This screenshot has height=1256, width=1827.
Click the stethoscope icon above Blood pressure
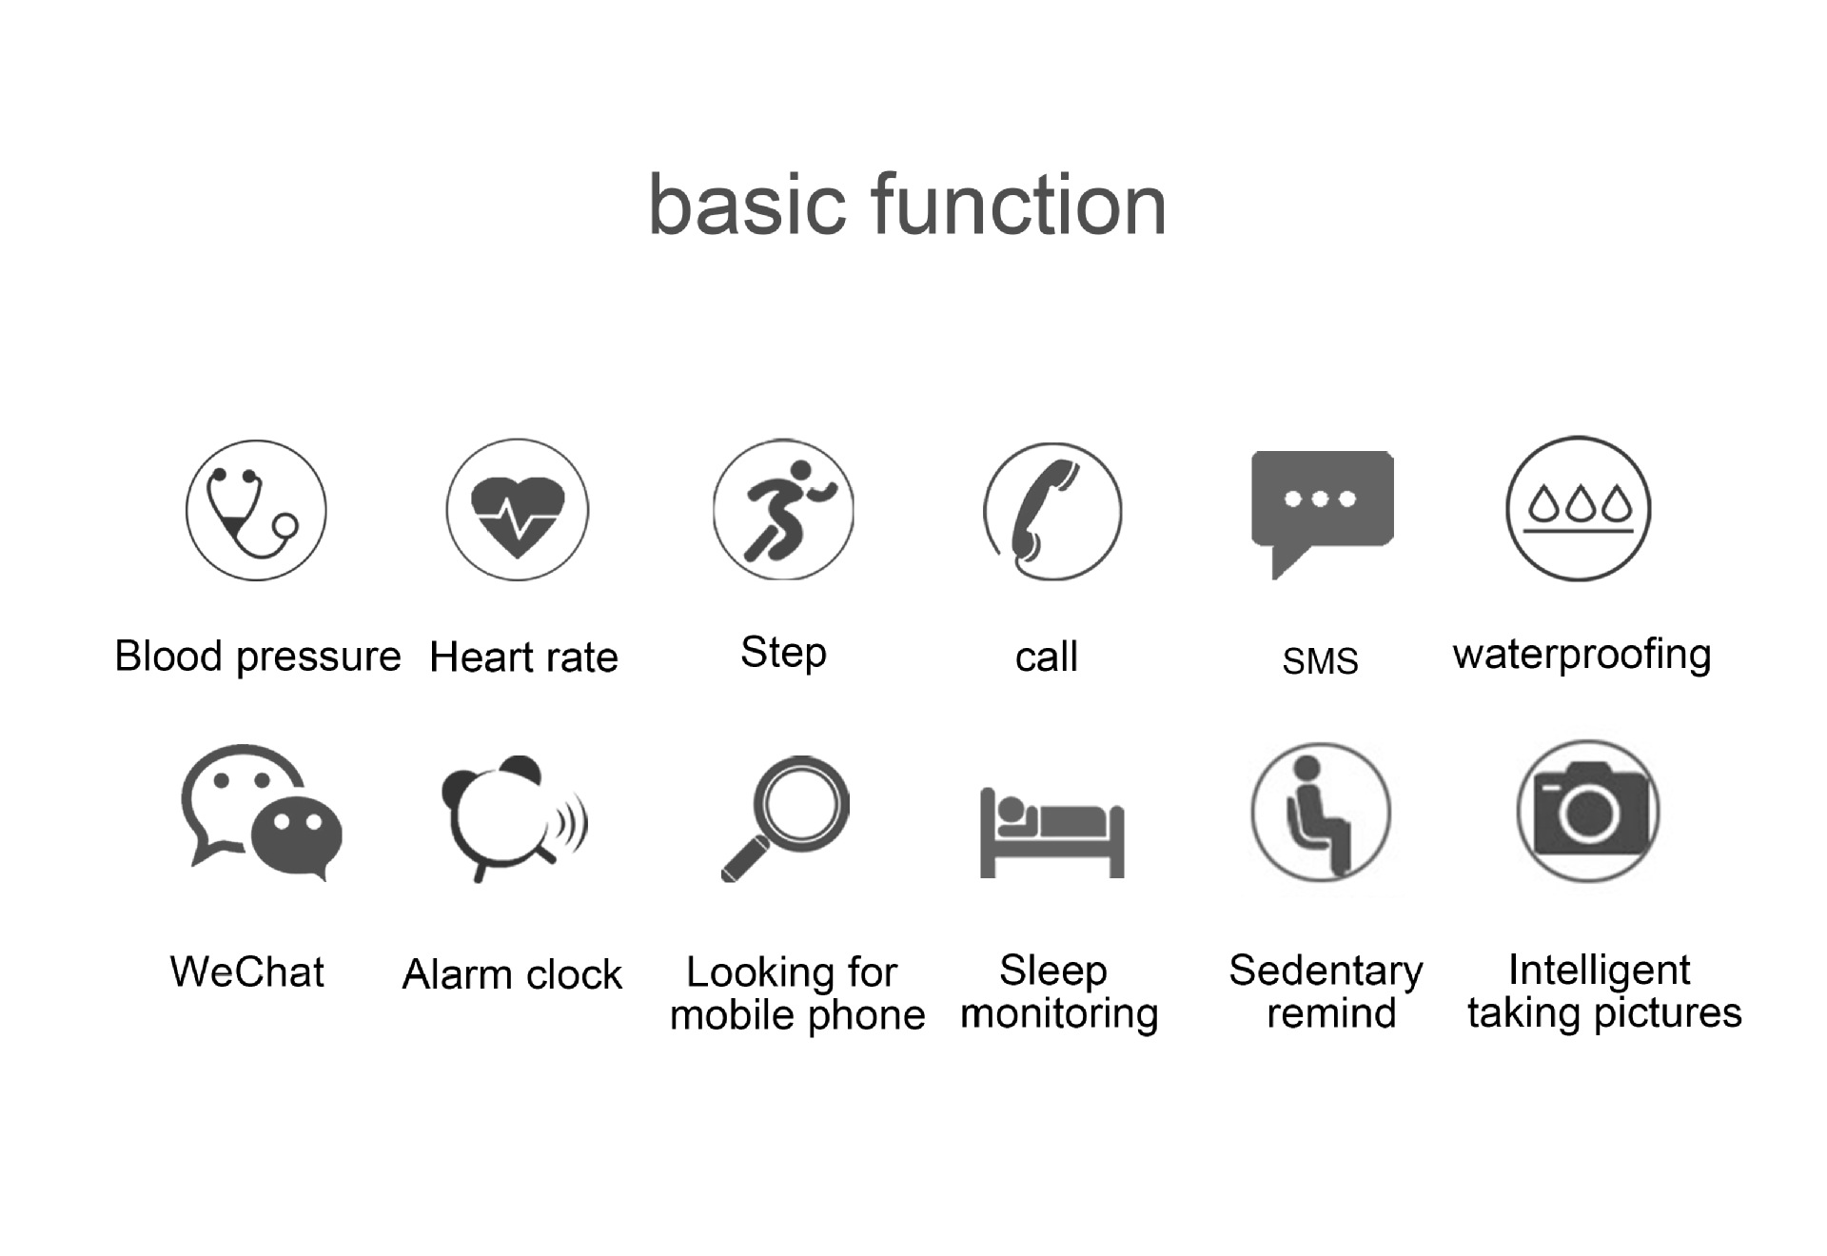[x=255, y=510]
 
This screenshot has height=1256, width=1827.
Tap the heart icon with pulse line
[x=518, y=510]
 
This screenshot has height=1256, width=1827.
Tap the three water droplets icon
[x=1579, y=509]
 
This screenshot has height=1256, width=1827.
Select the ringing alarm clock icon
[x=514, y=818]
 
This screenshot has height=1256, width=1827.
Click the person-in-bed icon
[x=1052, y=833]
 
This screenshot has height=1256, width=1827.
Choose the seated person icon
[x=1321, y=812]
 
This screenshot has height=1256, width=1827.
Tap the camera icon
[x=1588, y=811]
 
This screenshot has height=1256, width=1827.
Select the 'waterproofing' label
[x=1582, y=656]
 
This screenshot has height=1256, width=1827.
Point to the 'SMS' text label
[x=1320, y=660]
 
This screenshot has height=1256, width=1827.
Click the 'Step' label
[x=783, y=654]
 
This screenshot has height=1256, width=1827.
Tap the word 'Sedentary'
[x=1326, y=971]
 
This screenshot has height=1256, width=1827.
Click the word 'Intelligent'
[x=1600, y=971]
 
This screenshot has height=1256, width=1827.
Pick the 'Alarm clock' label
[x=512, y=974]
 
